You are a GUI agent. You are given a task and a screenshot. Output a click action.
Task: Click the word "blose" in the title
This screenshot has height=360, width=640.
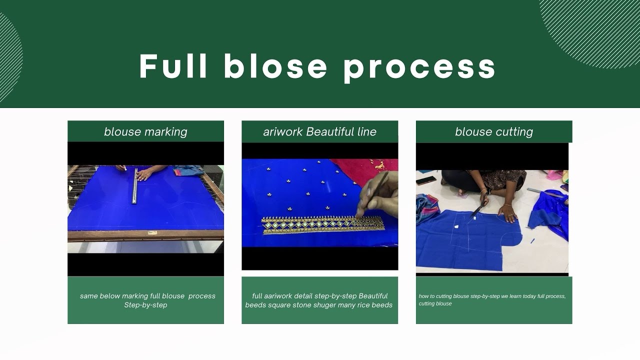point(275,66)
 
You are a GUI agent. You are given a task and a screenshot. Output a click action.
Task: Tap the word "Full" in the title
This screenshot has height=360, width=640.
point(173,66)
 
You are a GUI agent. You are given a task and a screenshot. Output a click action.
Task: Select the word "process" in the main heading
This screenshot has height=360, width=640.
point(419,68)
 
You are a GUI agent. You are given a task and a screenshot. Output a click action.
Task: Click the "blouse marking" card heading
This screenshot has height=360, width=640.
point(145,131)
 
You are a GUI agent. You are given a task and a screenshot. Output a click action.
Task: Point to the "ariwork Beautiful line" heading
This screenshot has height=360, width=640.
point(319,131)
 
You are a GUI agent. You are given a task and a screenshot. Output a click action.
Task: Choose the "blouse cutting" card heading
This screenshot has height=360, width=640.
point(494,131)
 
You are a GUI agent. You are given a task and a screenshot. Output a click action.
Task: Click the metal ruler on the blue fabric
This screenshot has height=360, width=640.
point(135,185)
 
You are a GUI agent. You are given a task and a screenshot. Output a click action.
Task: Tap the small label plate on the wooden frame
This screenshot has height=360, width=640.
point(152,233)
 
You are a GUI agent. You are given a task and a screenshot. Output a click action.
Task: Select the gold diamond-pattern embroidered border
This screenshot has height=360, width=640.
point(323,225)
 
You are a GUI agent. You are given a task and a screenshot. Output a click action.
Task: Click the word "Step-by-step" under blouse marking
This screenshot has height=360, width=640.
point(145,305)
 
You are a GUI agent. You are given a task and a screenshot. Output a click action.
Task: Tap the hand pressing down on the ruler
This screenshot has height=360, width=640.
point(146,173)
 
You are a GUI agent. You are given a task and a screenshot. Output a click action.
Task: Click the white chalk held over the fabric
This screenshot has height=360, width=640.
point(125,169)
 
